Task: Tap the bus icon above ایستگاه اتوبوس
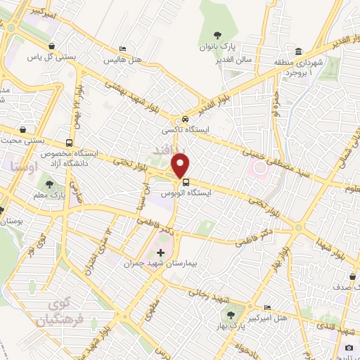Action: (x=184, y=181)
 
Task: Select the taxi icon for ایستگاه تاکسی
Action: (x=184, y=119)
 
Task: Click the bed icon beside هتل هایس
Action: (x=123, y=49)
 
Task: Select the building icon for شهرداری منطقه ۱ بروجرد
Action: (x=299, y=53)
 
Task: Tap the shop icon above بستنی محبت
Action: (x=24, y=130)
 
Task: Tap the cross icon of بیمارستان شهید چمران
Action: (x=161, y=252)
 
